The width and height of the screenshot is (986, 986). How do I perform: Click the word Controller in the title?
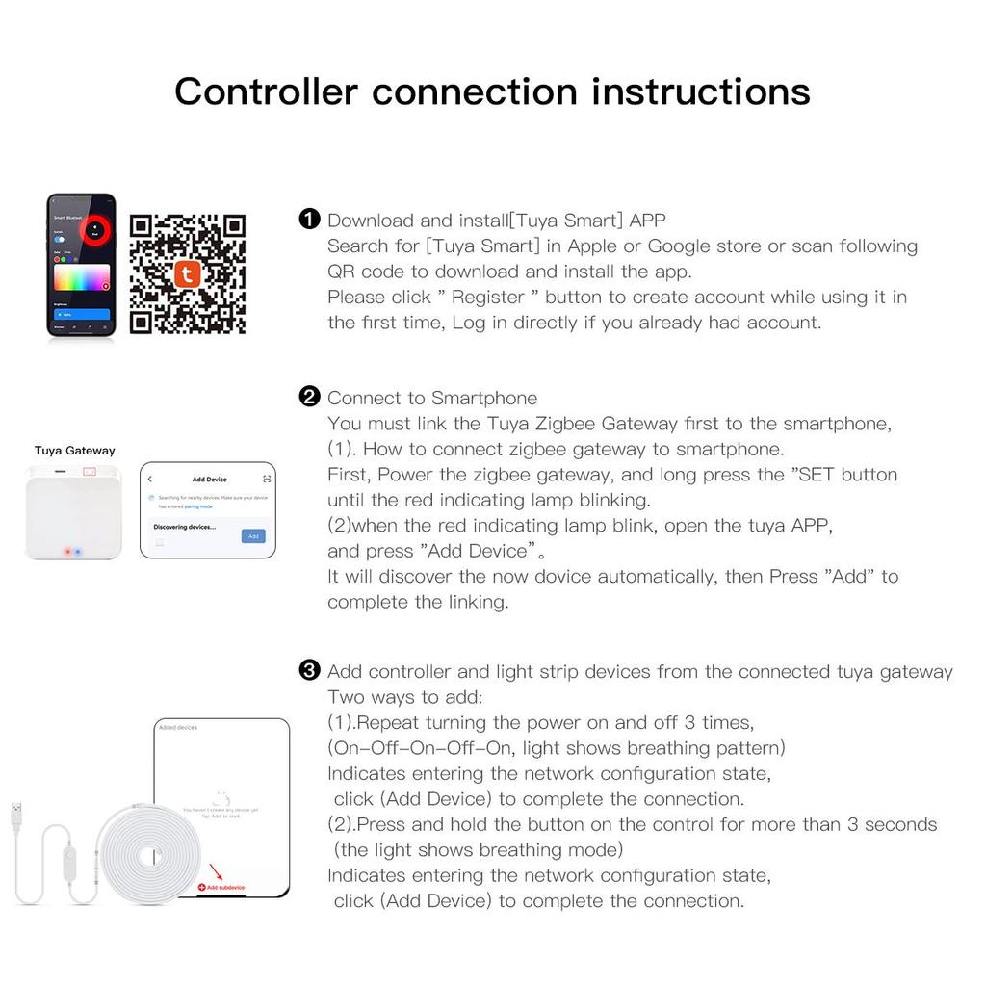click(x=266, y=92)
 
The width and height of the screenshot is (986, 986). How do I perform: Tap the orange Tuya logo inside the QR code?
click(x=187, y=274)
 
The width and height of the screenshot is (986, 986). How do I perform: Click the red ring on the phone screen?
click(x=96, y=228)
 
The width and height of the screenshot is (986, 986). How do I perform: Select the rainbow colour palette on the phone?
click(x=81, y=277)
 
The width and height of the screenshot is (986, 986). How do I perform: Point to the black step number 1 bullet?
click(x=309, y=220)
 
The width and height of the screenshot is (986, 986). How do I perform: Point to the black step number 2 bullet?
click(x=309, y=397)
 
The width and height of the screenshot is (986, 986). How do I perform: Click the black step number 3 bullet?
click(x=309, y=670)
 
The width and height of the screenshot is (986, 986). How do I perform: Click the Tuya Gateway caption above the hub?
click(x=74, y=451)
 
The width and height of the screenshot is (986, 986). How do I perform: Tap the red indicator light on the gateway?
click(x=65, y=552)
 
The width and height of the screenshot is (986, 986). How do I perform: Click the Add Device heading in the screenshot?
click(x=209, y=479)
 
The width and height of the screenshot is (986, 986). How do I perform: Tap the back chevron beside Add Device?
click(x=150, y=479)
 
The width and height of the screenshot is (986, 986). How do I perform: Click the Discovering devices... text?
click(x=184, y=527)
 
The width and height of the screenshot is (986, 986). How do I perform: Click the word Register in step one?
click(x=488, y=298)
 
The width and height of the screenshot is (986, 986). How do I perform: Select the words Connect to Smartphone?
click(x=432, y=399)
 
